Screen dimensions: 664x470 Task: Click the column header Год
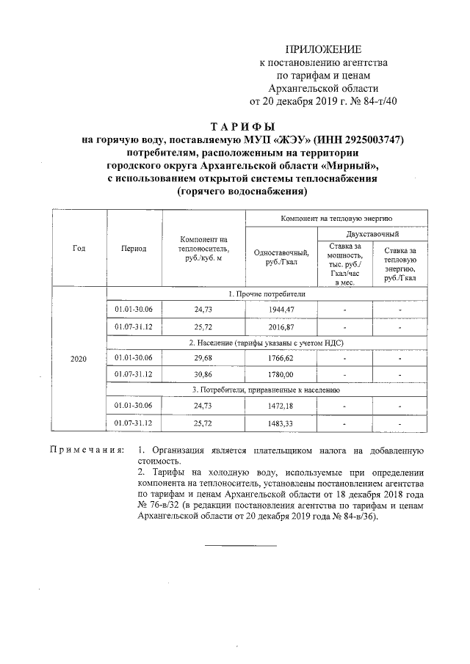pyautogui.click(x=79, y=248)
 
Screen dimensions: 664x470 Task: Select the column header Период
pyautogui.click(x=134, y=249)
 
